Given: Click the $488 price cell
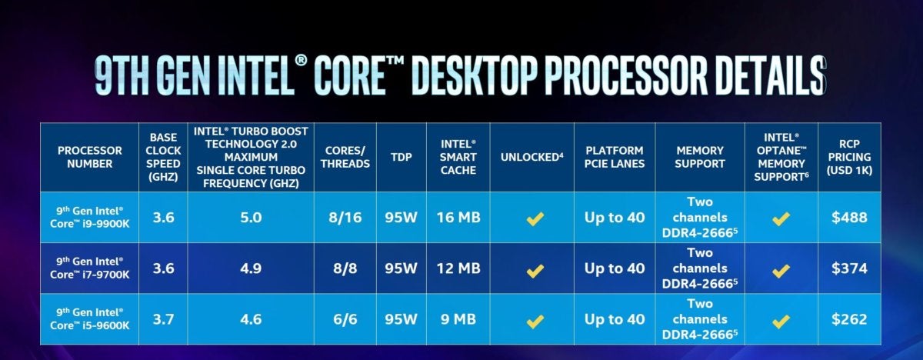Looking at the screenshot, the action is coord(849,218).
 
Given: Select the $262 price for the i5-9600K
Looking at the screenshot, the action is coord(849,319).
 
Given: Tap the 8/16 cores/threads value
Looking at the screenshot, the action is coord(345,218).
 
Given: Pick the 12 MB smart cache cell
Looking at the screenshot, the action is coord(458,268).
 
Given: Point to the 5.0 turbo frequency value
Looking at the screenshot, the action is coord(251,218).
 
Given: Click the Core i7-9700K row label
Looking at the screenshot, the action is coord(89,268).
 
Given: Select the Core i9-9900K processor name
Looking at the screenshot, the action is coord(89,217).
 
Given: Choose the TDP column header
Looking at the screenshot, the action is coord(402,157).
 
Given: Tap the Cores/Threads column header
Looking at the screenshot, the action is coord(345,157).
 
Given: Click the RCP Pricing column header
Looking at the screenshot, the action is coord(849,157).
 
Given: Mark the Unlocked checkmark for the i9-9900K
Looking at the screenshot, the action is coord(535,218).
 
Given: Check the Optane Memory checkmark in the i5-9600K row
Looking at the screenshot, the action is coord(781,321).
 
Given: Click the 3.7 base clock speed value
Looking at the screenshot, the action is coord(163,319).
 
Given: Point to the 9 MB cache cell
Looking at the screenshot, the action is coord(458,319).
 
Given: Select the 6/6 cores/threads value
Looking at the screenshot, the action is coord(345,319).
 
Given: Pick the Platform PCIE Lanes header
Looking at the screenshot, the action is coord(615,157).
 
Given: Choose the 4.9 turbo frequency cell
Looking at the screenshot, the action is coord(251,268).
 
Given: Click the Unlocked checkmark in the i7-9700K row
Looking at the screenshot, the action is coord(535,271).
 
